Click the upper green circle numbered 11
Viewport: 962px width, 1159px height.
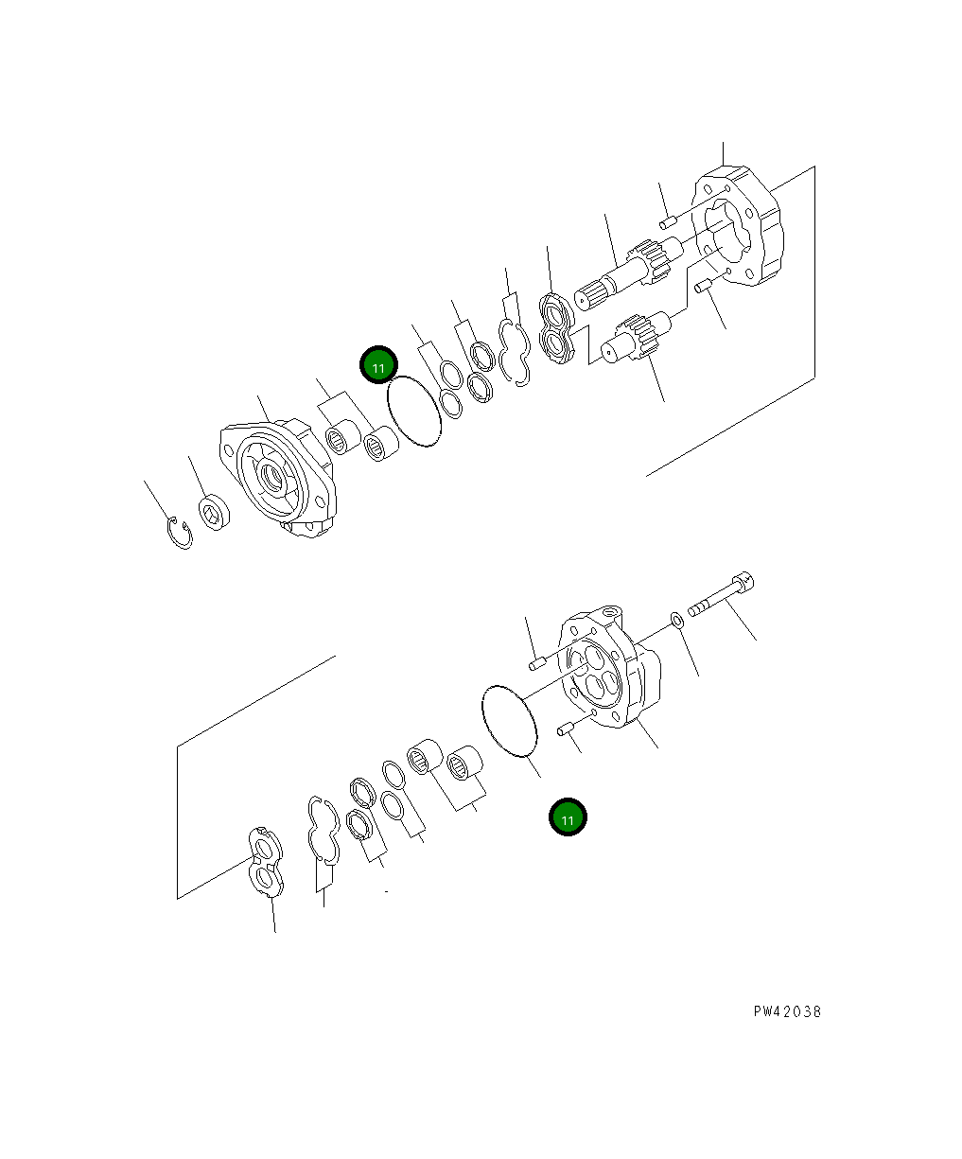(x=378, y=364)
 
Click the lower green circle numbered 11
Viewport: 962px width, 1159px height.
(x=568, y=817)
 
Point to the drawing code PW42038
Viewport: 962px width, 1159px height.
(x=787, y=1011)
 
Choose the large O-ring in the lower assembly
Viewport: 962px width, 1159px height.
(x=510, y=721)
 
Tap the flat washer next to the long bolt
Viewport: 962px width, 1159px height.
(x=678, y=621)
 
